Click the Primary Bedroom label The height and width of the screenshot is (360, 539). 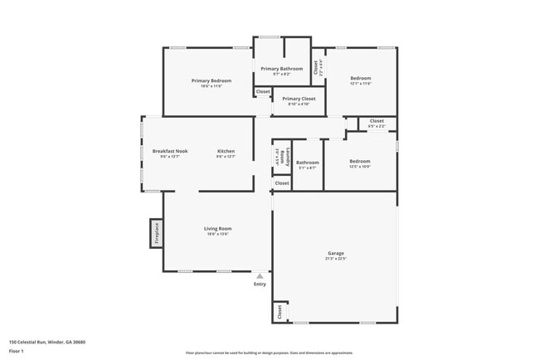[x=211, y=80]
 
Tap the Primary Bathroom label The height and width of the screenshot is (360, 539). [x=282, y=68]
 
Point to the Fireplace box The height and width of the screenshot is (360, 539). [x=155, y=233]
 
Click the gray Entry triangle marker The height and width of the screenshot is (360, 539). [x=260, y=276]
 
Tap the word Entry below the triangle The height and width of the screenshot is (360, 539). [x=260, y=285]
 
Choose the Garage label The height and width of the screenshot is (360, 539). [x=336, y=253]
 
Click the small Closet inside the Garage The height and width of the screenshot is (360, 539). [x=280, y=312]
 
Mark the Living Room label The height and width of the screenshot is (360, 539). [x=218, y=228]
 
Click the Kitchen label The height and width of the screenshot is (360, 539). [x=226, y=151]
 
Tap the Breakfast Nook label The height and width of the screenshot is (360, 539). [x=170, y=151]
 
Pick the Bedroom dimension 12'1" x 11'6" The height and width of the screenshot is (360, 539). [x=360, y=84]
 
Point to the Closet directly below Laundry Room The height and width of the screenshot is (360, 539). [x=282, y=182]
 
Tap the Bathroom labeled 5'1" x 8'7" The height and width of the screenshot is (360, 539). [x=308, y=164]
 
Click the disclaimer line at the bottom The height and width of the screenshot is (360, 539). [x=269, y=352]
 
